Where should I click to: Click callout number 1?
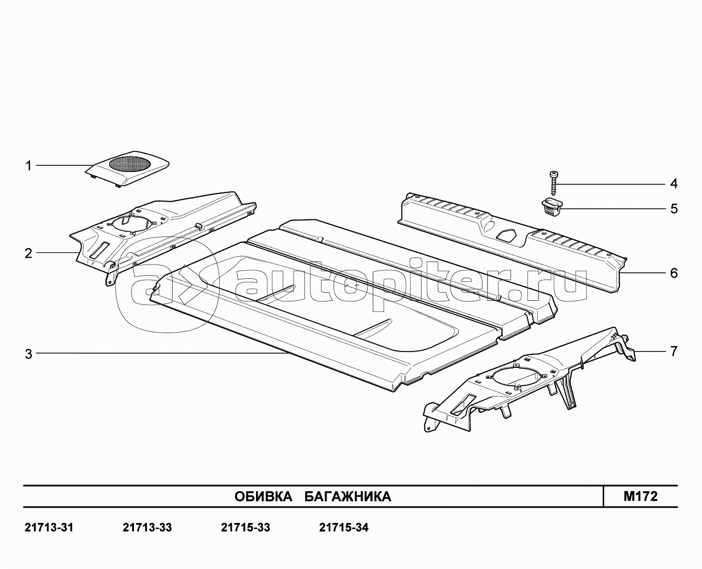tap(29, 166)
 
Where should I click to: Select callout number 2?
tap(29, 254)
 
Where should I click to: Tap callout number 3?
tap(29, 354)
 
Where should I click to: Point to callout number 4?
tap(674, 184)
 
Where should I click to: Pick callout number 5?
tap(674, 209)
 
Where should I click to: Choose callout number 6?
tap(674, 273)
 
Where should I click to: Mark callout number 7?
tap(674, 352)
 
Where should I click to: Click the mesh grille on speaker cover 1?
tap(130, 164)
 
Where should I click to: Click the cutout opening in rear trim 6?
tap(506, 234)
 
